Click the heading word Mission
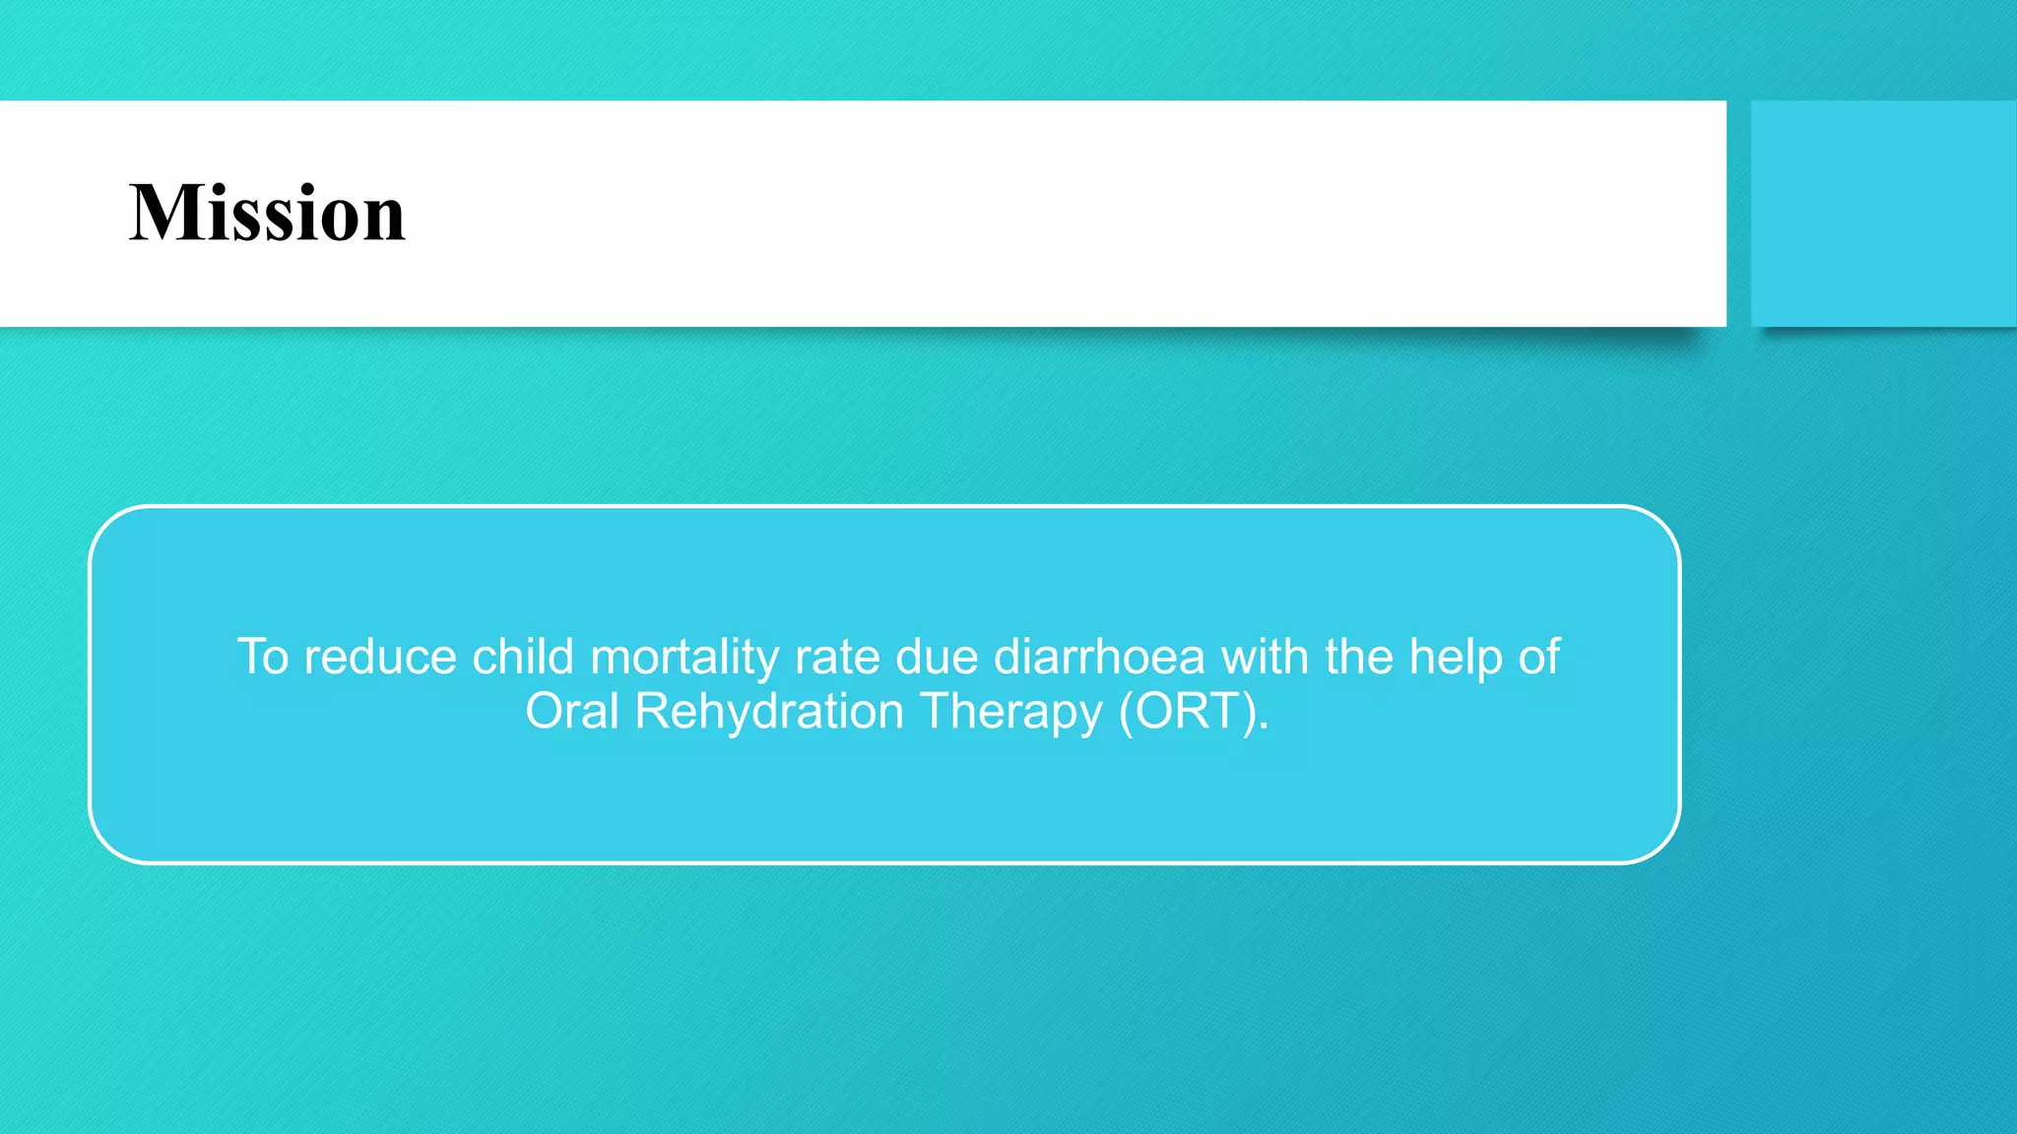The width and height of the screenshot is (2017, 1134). coord(267,214)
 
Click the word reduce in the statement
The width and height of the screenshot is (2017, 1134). coord(379,658)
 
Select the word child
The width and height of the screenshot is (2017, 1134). coord(522,658)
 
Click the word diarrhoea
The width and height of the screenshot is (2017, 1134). coord(1099,658)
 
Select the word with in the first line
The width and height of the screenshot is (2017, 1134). coord(1265,658)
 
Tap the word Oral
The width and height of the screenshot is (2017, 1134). coord(571,712)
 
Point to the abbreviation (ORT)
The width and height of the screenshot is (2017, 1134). coord(1193,712)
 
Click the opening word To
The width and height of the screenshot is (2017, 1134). coord(263,658)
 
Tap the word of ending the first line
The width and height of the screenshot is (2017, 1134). coord(1538,658)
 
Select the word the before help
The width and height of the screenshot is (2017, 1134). coord(1358,658)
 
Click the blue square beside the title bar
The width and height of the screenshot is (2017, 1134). coord(1883,214)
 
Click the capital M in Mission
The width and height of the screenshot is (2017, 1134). coord(160,214)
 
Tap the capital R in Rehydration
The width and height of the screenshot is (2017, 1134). coord(651,712)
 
